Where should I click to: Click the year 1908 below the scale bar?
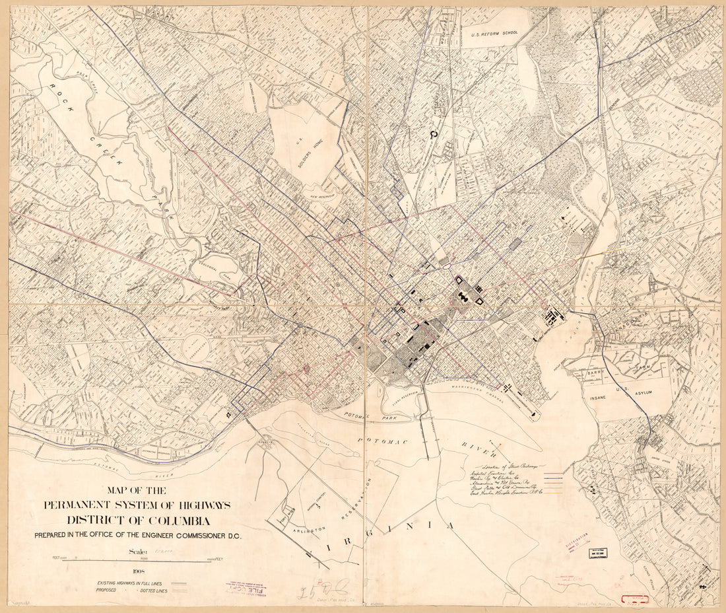point(138,572)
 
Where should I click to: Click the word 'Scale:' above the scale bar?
point(129,550)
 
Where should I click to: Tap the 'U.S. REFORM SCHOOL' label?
point(494,32)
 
